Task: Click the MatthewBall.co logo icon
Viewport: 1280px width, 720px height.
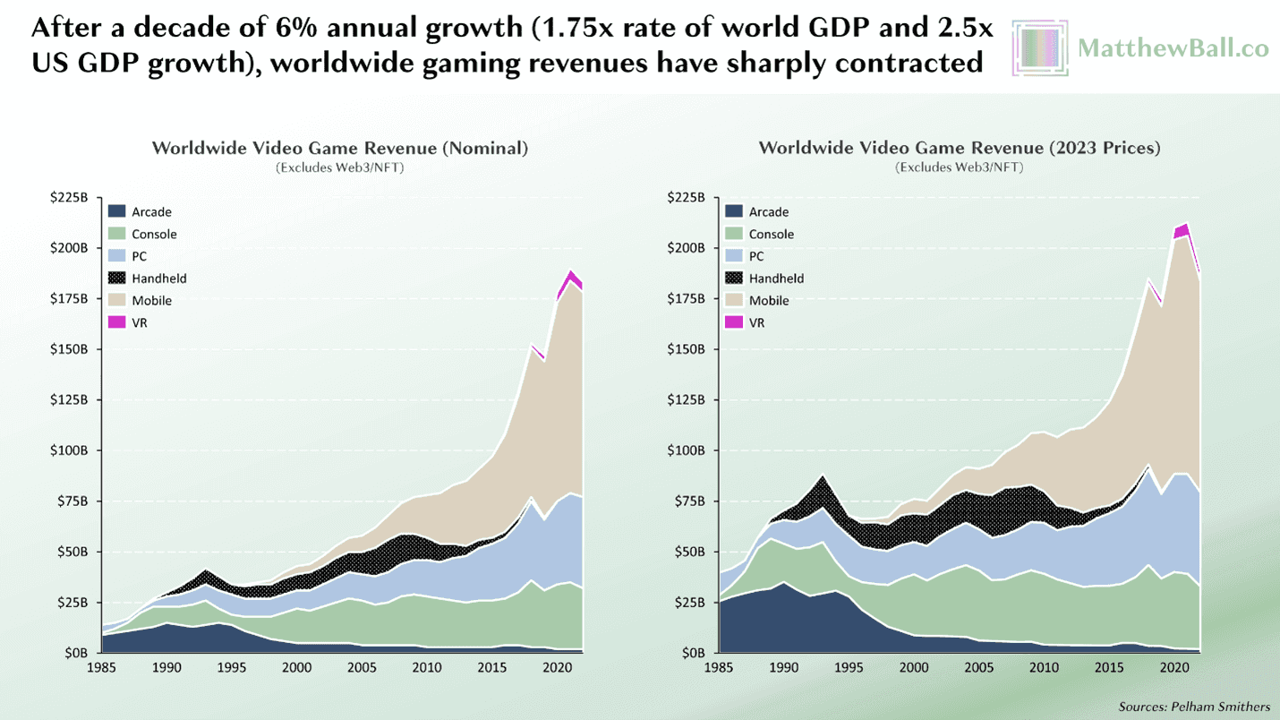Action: coord(1040,47)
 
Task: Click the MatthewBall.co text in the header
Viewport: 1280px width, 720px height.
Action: coord(1173,47)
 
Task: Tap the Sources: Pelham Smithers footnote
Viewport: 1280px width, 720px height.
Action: coord(1193,707)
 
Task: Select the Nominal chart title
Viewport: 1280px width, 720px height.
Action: coord(340,148)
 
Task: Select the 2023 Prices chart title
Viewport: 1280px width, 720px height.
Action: coord(959,148)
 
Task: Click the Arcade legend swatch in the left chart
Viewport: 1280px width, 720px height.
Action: coord(116,212)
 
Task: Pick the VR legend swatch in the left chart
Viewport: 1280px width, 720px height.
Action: coord(116,322)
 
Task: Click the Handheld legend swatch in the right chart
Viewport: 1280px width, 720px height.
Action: coord(734,279)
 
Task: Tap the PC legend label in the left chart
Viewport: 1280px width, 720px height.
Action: coord(139,256)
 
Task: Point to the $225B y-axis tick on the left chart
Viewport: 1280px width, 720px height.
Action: coord(70,198)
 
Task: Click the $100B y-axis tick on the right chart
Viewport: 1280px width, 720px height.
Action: coord(687,450)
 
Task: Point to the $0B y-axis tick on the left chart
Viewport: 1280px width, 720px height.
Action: coord(76,654)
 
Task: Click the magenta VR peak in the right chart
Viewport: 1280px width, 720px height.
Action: coord(1182,230)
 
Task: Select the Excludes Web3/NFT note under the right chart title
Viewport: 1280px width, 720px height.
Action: coord(959,167)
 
